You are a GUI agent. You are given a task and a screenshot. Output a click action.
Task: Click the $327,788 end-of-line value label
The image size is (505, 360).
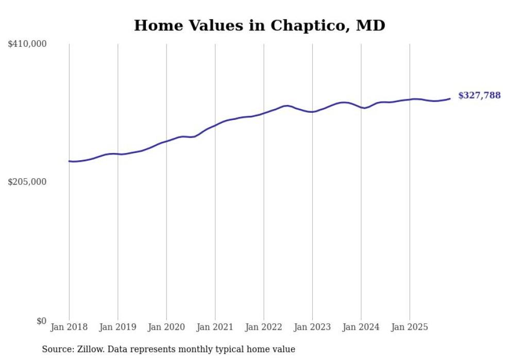point(479,95)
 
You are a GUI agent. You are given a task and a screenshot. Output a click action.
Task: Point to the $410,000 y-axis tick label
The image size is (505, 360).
point(27,44)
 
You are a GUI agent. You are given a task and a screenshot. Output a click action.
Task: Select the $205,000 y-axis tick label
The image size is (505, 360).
point(27,182)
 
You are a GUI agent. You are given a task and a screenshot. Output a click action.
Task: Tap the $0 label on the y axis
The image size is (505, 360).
point(41,321)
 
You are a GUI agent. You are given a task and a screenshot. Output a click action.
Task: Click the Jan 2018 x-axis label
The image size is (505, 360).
point(69,327)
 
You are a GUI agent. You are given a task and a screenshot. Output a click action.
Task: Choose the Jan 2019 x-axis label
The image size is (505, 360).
point(118,327)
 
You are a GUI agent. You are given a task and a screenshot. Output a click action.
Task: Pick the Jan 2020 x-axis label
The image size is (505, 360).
point(166,327)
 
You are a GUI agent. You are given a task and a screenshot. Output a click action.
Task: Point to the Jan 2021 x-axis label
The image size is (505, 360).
point(215,327)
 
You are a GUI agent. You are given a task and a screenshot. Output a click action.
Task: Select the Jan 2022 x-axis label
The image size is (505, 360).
point(264,327)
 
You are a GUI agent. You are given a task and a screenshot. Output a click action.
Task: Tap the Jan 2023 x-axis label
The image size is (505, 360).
point(312,327)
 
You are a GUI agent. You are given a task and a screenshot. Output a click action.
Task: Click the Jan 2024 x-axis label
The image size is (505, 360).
point(361,327)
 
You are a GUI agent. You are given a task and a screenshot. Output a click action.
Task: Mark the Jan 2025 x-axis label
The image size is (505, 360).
point(410,327)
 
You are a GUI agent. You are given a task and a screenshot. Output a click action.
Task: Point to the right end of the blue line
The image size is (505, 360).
point(450,98)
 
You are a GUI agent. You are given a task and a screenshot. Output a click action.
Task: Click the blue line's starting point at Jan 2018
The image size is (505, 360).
point(69,161)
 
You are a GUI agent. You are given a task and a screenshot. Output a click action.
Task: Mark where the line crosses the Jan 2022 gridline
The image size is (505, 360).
point(264,112)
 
